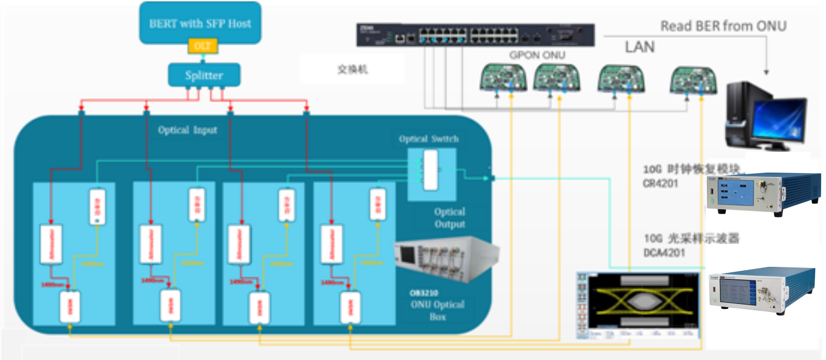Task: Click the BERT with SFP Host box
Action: tap(200, 23)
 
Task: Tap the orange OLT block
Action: tap(203, 46)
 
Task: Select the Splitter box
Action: tap(203, 75)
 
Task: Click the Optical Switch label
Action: tap(429, 139)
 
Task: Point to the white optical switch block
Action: tap(430, 170)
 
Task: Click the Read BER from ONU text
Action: tap(723, 26)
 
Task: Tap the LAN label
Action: tap(639, 47)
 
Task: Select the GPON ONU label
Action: tap(537, 55)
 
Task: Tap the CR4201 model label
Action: tap(661, 184)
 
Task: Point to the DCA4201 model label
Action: tap(664, 253)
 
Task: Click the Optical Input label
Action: tap(187, 130)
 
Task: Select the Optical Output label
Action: tap(450, 218)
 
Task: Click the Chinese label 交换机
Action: tap(351, 70)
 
